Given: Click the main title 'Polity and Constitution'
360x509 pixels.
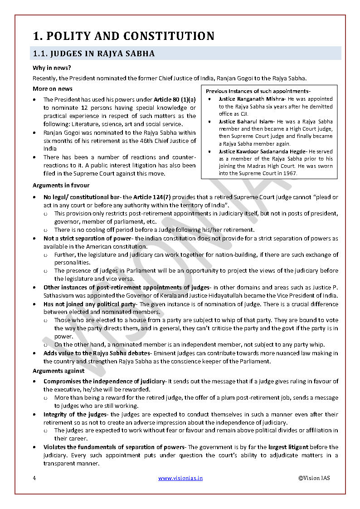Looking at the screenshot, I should point(123,36).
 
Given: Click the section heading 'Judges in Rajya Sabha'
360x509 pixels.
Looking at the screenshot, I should point(94,54).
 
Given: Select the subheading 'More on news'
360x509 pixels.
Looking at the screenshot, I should point(53,88).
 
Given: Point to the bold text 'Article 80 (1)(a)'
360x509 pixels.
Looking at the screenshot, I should point(175,99).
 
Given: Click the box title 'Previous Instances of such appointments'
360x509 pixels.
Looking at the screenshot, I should point(258,91).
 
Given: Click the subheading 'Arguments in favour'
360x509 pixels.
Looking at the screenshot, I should point(61,185).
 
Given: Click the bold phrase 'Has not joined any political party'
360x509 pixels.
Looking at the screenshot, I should point(89,304).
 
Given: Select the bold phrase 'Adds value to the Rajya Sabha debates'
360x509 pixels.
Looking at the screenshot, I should point(97,353).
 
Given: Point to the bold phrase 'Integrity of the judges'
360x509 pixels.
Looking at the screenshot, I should point(74,414).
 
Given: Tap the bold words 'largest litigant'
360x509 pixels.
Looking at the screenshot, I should point(291,447).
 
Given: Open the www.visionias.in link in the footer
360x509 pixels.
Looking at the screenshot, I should point(180,478).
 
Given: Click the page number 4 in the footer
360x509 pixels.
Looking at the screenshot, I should point(34,478).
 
